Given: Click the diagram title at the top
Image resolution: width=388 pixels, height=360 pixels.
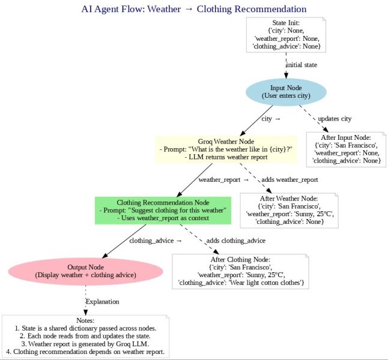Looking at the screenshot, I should click(x=193, y=9).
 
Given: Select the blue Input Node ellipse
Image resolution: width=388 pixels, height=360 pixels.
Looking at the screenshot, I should click(x=286, y=92).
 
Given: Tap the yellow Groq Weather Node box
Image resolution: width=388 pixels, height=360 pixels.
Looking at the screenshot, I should click(x=226, y=149).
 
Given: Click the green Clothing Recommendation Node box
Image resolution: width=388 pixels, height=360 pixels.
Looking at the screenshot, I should click(x=163, y=209).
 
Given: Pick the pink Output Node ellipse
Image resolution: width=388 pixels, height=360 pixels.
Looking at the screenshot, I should click(x=85, y=271).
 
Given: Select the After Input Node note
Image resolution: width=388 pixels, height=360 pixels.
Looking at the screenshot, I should click(x=345, y=149).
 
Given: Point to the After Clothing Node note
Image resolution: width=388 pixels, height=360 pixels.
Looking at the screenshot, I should click(x=240, y=271).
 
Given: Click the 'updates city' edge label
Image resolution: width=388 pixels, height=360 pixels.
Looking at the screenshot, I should click(x=334, y=119).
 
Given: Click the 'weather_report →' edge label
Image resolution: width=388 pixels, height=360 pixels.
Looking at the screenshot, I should click(x=223, y=179).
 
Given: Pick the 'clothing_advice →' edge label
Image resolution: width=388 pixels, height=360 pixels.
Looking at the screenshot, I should click(x=155, y=241).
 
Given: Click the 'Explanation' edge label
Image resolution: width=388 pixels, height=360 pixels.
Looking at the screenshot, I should click(x=102, y=301).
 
